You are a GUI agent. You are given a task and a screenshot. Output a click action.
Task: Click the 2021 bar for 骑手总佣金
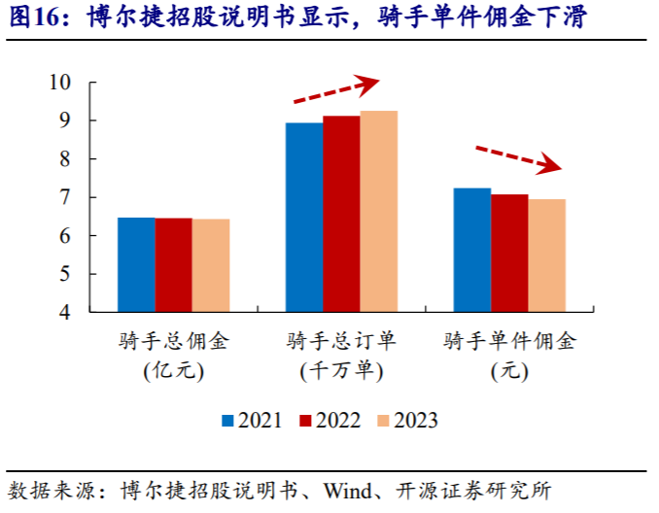[x=136, y=265]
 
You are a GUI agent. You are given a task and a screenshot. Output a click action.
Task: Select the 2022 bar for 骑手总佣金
[x=173, y=265]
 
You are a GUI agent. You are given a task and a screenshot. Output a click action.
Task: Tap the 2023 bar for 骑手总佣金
[x=211, y=266]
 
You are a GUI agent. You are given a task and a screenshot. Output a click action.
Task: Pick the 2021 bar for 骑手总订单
[x=304, y=218]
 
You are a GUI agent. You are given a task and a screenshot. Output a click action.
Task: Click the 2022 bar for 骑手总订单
[x=341, y=215]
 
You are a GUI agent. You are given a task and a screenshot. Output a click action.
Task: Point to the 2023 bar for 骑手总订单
[x=379, y=212]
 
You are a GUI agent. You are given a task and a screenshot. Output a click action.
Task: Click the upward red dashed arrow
[x=335, y=91]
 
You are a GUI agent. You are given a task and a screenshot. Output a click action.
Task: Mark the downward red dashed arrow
[x=518, y=157]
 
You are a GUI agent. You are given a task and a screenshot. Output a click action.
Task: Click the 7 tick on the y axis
[x=65, y=197]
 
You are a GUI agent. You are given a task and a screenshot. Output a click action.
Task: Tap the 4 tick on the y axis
[x=65, y=313]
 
